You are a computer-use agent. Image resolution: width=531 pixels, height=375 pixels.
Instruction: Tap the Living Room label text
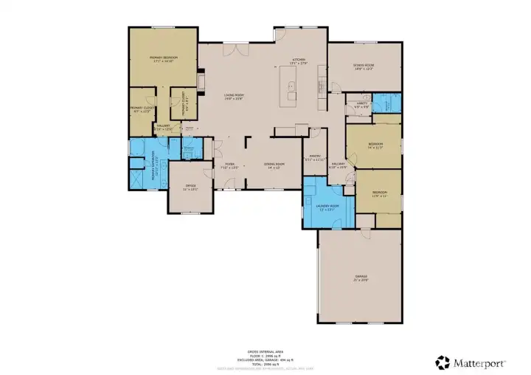[235, 95]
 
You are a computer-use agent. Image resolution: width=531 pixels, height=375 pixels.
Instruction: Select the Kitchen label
[298, 59]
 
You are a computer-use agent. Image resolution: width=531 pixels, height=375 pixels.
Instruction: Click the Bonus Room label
[364, 66]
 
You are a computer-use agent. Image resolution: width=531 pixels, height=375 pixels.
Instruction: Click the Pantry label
[313, 156]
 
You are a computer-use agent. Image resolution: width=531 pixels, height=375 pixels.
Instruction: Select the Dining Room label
[274, 165]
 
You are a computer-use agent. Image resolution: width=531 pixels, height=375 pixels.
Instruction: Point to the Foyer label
[230, 165]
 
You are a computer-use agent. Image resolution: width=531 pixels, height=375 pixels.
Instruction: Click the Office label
[190, 186]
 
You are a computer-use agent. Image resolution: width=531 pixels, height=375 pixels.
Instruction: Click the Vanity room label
[361, 103]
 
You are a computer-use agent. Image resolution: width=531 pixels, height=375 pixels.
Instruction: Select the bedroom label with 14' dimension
[375, 144]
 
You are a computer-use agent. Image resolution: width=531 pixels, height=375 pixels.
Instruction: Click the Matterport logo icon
[442, 362]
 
